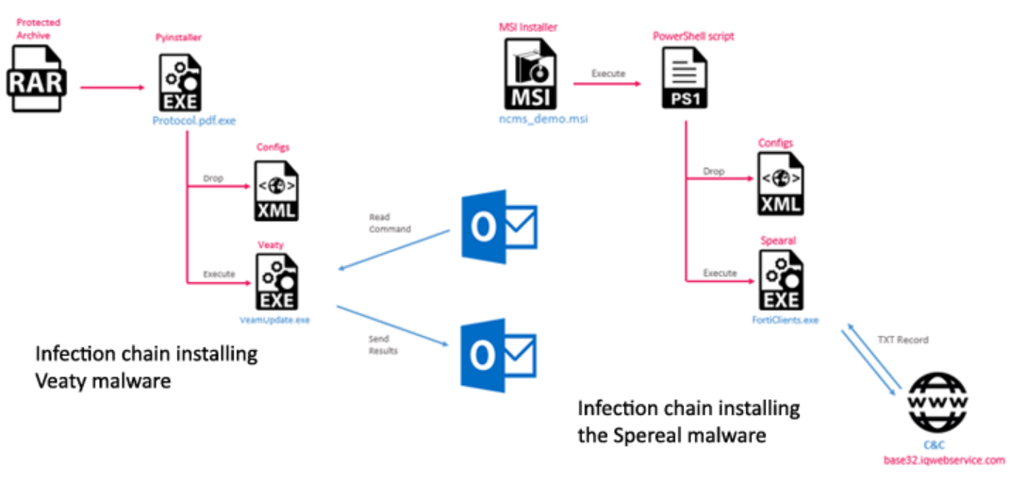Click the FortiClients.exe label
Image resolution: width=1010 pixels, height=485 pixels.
[x=782, y=320]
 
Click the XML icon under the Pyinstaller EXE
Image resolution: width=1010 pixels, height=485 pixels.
[x=273, y=191]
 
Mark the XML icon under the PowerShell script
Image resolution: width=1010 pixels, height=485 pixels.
[x=781, y=186]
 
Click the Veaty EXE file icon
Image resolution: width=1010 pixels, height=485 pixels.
[x=273, y=282]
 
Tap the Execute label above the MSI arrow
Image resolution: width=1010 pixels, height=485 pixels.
[x=607, y=73]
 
